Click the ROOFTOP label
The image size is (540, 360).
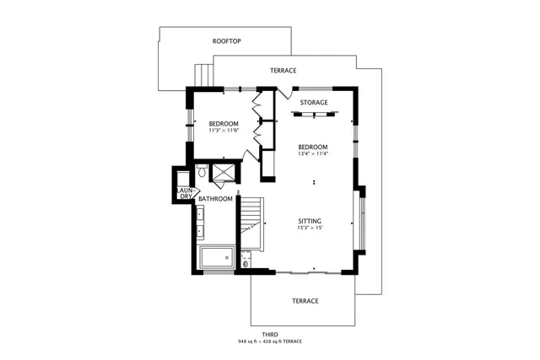[x=227, y=40]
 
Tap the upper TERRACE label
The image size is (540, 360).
[x=283, y=71]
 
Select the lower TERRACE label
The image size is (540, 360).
[x=305, y=301]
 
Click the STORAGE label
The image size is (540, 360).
[x=314, y=103]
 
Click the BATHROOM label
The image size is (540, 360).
[x=215, y=199]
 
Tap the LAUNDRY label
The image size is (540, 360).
[x=186, y=194]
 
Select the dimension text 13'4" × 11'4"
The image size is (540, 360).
[x=313, y=153]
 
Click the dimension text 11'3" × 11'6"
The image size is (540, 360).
[x=224, y=131]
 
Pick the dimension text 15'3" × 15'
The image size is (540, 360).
[x=310, y=228]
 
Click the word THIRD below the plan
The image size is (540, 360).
[x=269, y=334]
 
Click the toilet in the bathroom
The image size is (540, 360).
[x=202, y=172]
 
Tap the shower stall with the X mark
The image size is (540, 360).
[x=224, y=172]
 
